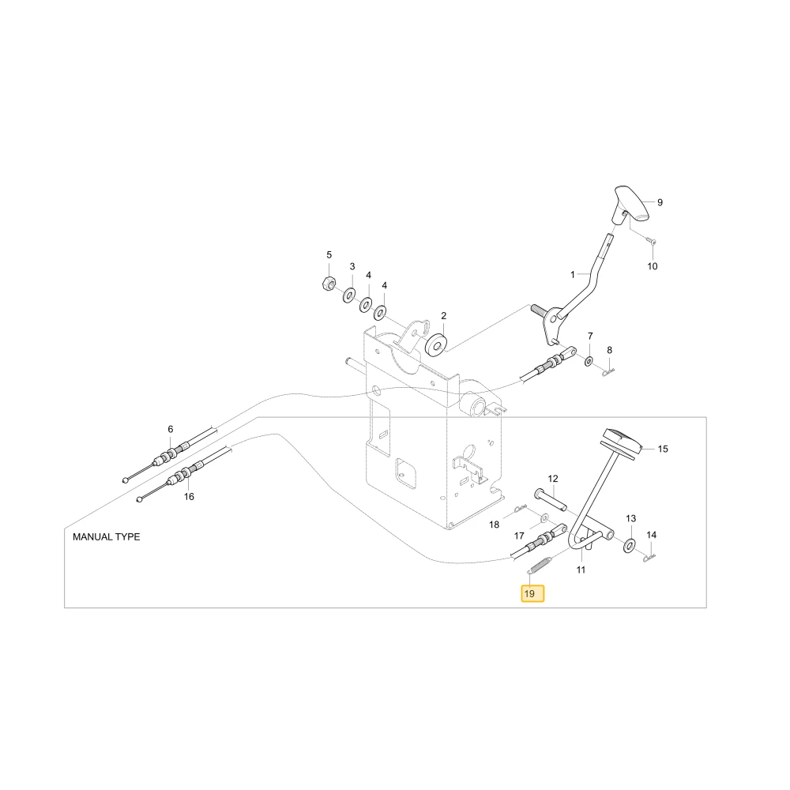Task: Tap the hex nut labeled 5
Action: pos(328,283)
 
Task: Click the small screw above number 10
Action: pos(653,243)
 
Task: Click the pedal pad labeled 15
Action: pos(622,441)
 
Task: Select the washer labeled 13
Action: pos(629,545)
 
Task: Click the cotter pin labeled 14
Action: pos(649,558)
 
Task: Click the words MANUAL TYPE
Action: pos(107,537)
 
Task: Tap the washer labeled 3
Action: pos(348,295)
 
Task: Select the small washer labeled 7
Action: pos(589,361)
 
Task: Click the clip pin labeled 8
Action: pos(609,372)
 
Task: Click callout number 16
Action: pos(189,497)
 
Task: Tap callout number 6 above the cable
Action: pos(171,429)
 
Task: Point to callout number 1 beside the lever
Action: pos(572,275)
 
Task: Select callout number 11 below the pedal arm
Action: pos(581,570)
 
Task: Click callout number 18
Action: pos(495,525)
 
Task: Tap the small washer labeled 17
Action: pos(545,518)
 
